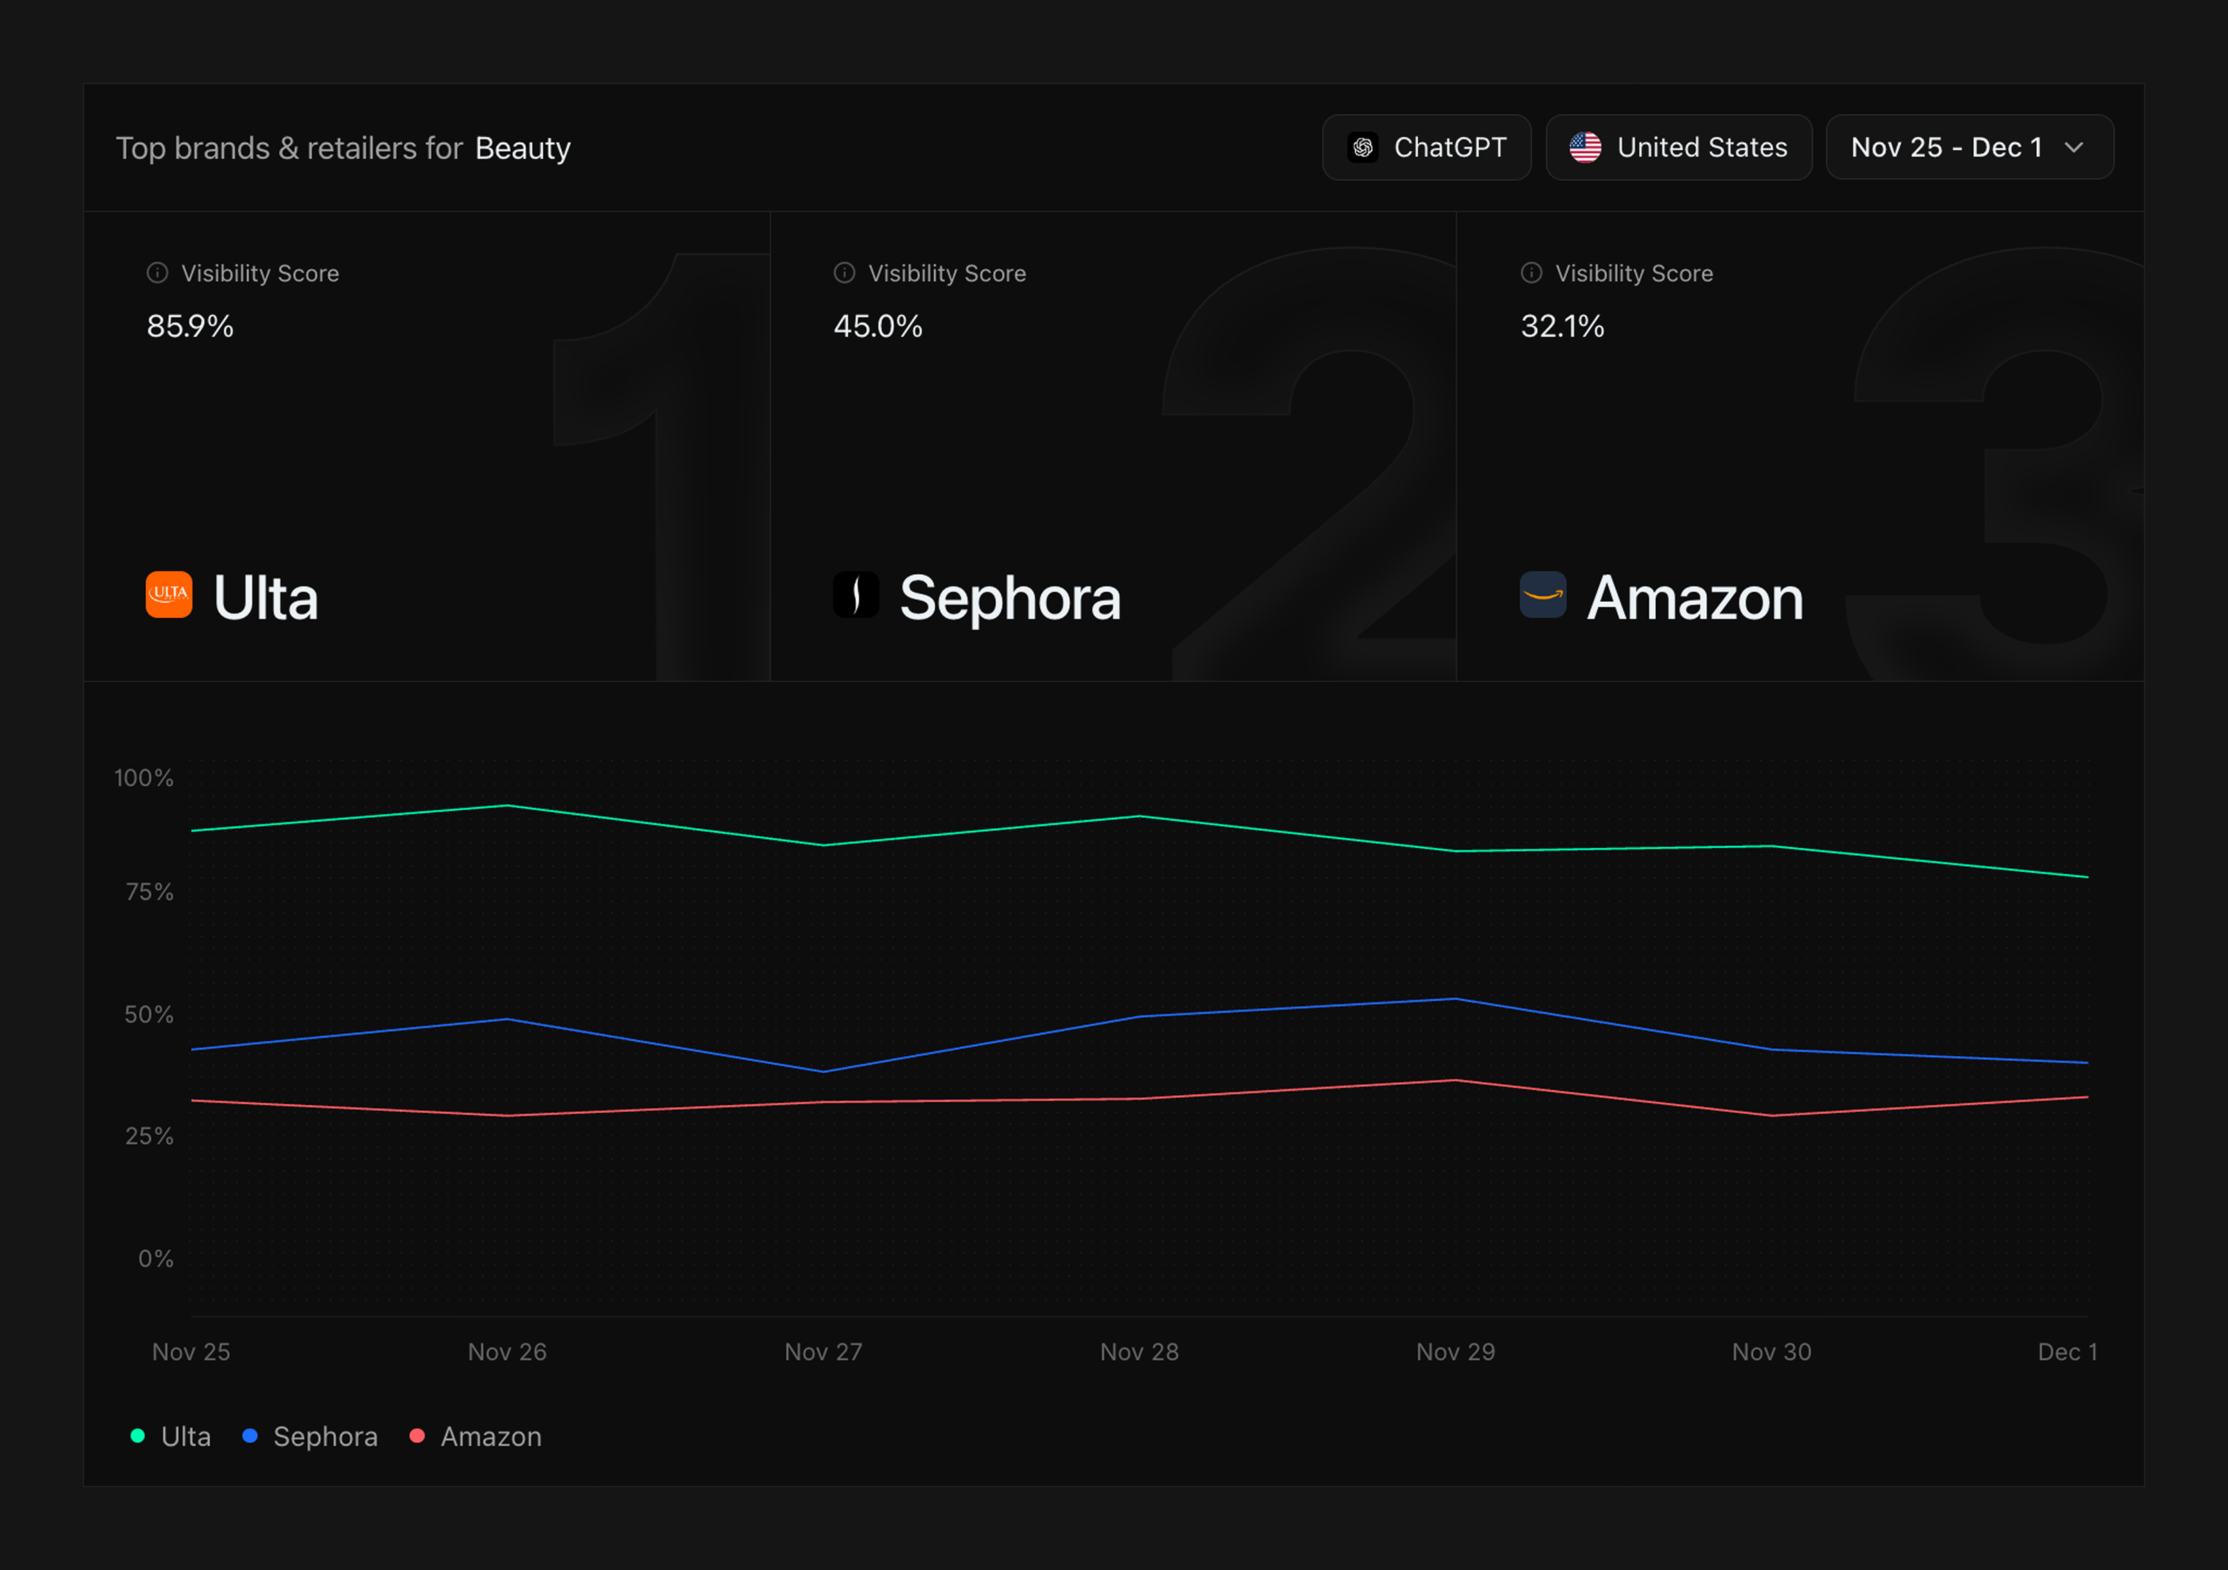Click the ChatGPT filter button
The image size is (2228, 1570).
click(1427, 148)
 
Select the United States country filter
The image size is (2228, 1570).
click(1678, 148)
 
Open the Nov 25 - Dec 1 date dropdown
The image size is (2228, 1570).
click(1969, 148)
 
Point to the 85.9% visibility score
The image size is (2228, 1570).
click(190, 326)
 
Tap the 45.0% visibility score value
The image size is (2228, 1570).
click(877, 326)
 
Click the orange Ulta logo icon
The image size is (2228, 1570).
click(169, 594)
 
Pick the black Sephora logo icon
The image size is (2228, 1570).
click(855, 594)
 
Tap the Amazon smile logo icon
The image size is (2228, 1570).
click(1542, 594)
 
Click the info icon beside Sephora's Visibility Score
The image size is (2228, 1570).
click(844, 273)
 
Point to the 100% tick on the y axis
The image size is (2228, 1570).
click(144, 778)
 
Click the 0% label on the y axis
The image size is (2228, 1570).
click(155, 1259)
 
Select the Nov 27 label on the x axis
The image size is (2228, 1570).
click(823, 1352)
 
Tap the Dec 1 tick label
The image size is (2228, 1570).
click(2067, 1352)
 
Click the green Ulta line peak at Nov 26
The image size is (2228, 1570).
click(507, 805)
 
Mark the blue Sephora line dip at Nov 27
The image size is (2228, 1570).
click(823, 1071)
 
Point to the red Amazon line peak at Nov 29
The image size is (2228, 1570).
click(1456, 1080)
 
